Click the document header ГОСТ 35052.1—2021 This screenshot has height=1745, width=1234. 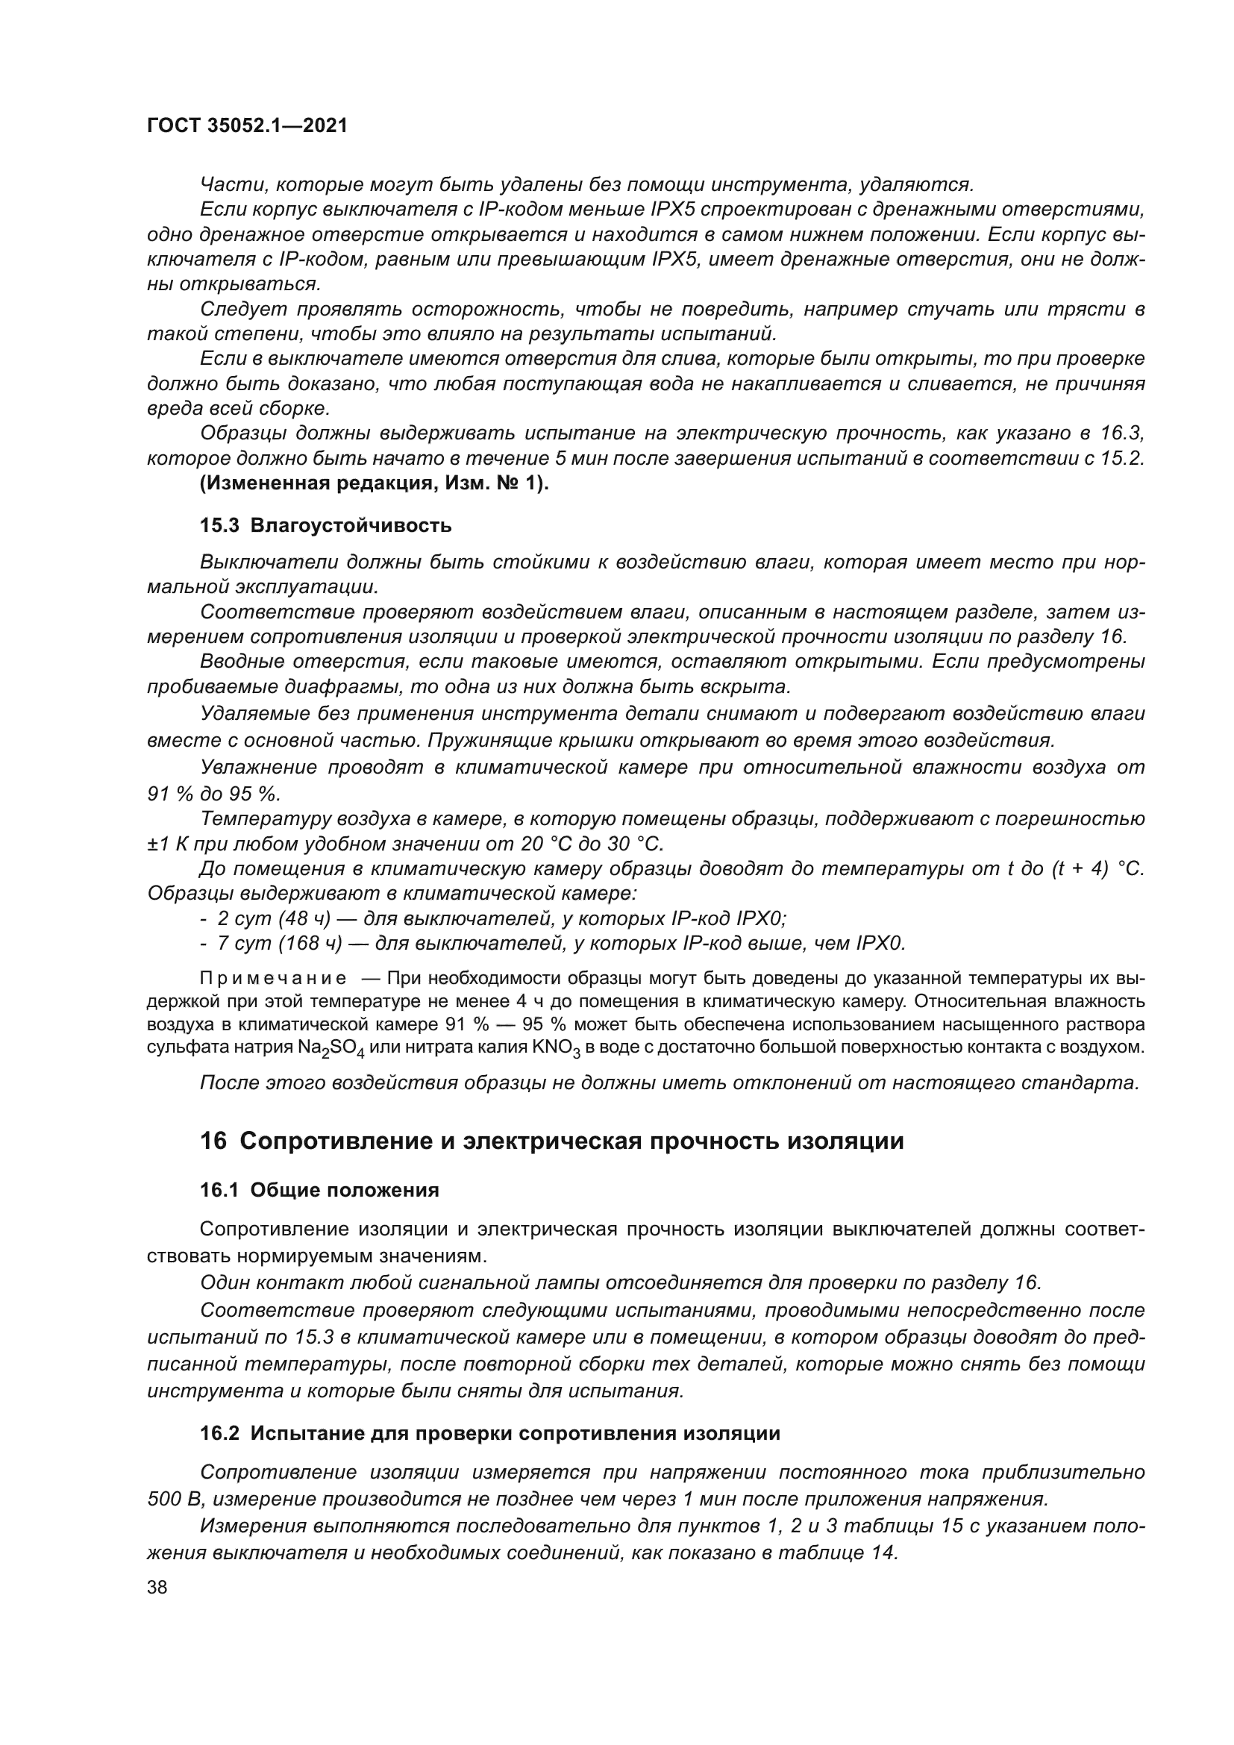[x=247, y=126]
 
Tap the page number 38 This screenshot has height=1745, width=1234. [x=157, y=1587]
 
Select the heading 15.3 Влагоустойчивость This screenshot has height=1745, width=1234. [x=325, y=525]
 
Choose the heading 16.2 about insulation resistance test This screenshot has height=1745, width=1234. [x=490, y=1433]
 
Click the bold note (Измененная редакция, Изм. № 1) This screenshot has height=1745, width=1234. [x=374, y=483]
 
